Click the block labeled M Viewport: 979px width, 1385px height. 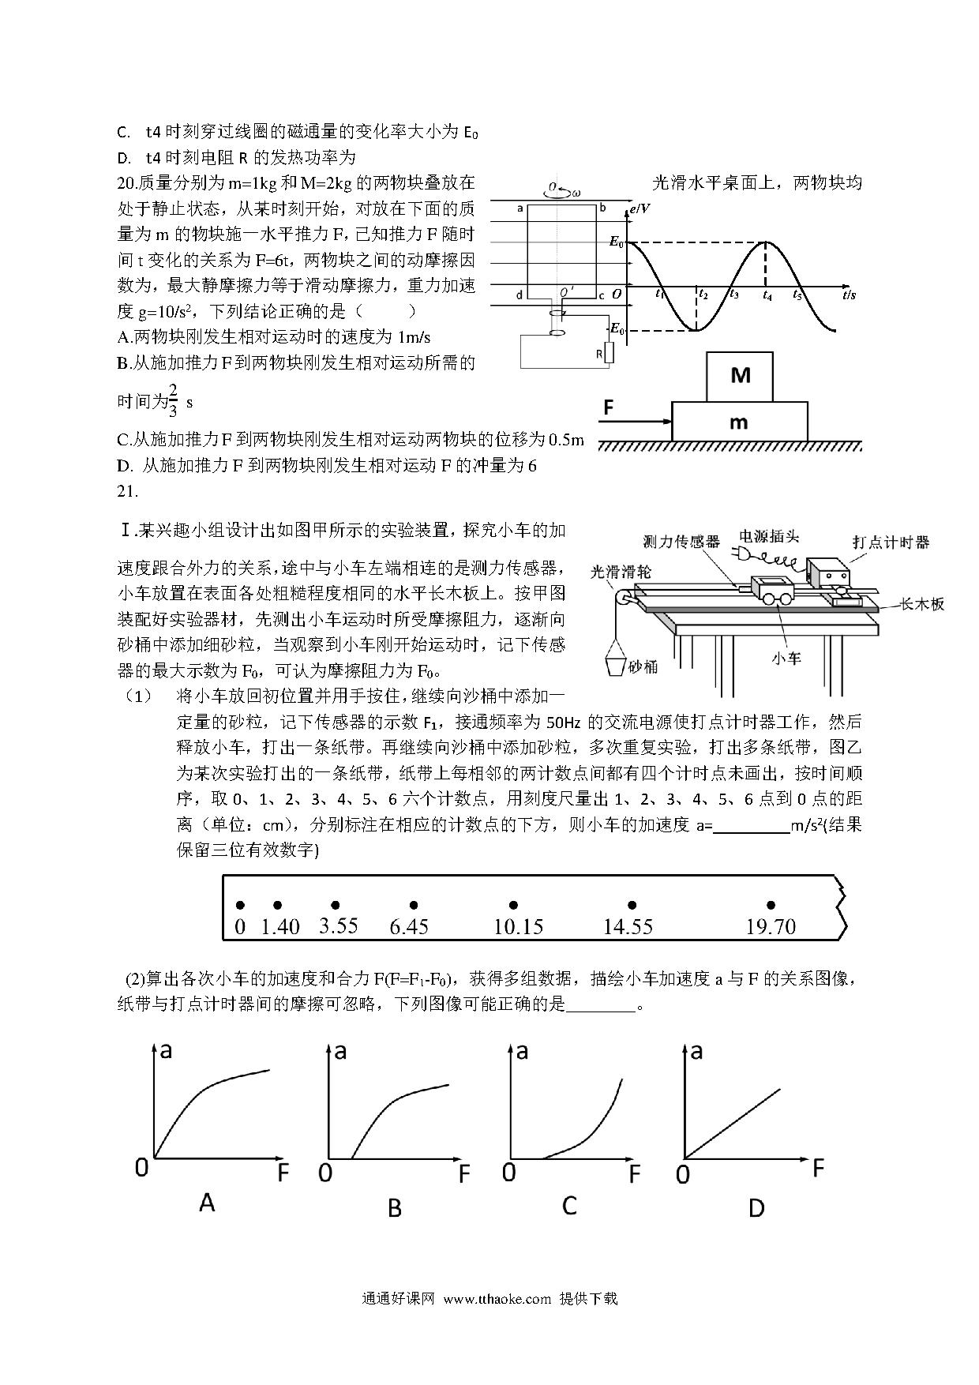click(x=740, y=376)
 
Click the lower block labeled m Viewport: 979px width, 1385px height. click(x=739, y=422)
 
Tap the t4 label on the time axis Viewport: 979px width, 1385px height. click(x=767, y=295)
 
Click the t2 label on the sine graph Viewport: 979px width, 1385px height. click(x=703, y=295)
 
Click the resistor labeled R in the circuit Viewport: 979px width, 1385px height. click(x=607, y=354)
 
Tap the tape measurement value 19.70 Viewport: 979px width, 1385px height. click(x=771, y=927)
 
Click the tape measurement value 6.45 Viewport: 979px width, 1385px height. click(x=409, y=927)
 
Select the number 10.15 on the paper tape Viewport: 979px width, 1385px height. click(x=518, y=927)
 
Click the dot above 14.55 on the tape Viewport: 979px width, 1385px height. click(x=632, y=905)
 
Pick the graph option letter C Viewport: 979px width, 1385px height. click(x=569, y=1206)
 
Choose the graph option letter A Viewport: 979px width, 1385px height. click(x=207, y=1203)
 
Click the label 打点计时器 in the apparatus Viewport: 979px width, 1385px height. click(x=891, y=542)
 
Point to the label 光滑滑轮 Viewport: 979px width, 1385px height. click(x=621, y=572)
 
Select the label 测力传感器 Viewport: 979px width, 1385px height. click(x=681, y=541)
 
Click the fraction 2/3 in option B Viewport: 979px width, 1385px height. click(x=174, y=400)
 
